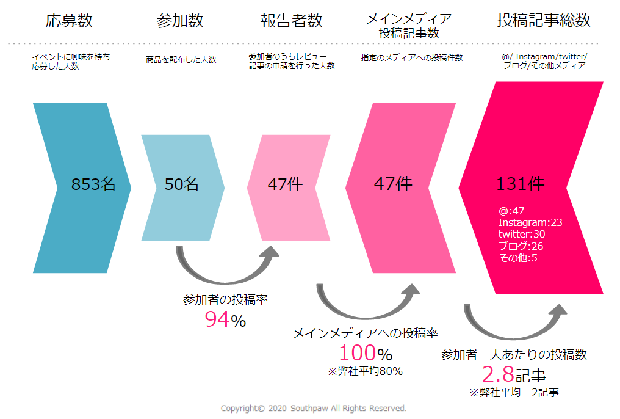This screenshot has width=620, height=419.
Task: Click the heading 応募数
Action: pyautogui.click(x=70, y=21)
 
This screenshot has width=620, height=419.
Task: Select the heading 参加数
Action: pyautogui.click(x=180, y=21)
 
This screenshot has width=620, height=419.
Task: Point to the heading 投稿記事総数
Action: pyautogui.click(x=544, y=20)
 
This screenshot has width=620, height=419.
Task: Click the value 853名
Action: pyautogui.click(x=93, y=184)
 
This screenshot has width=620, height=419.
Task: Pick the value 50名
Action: pyautogui.click(x=182, y=184)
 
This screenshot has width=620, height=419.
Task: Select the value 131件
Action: pyautogui.click(x=521, y=184)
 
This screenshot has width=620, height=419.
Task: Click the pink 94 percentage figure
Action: pyautogui.click(x=218, y=319)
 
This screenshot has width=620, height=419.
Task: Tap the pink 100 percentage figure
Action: pyautogui.click(x=358, y=353)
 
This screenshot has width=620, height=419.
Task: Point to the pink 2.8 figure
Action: pyautogui.click(x=498, y=374)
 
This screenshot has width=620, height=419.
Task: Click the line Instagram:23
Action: pyautogui.click(x=530, y=222)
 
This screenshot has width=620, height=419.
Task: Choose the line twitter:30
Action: pyautogui.click(x=522, y=234)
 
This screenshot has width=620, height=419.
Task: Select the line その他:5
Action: pyautogui.click(x=517, y=258)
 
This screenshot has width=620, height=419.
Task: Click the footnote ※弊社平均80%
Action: pyautogui.click(x=366, y=371)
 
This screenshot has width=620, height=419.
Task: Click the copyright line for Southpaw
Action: pyautogui.click(x=314, y=408)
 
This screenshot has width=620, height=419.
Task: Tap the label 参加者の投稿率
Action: pyautogui.click(x=225, y=300)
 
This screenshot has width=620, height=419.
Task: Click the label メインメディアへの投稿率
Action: pyautogui.click(x=366, y=333)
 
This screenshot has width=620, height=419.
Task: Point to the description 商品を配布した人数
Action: pyautogui.click(x=181, y=60)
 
